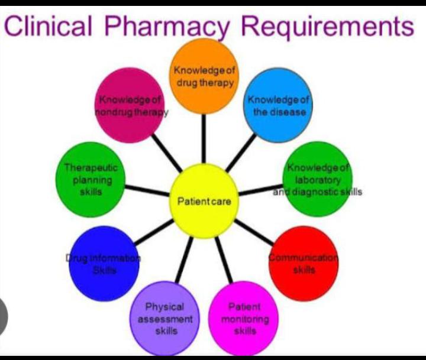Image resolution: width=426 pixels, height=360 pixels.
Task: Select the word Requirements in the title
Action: click(328, 27)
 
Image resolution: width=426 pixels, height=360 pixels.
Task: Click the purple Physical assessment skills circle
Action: click(166, 319)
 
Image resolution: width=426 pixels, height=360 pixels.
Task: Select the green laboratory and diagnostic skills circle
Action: click(317, 180)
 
